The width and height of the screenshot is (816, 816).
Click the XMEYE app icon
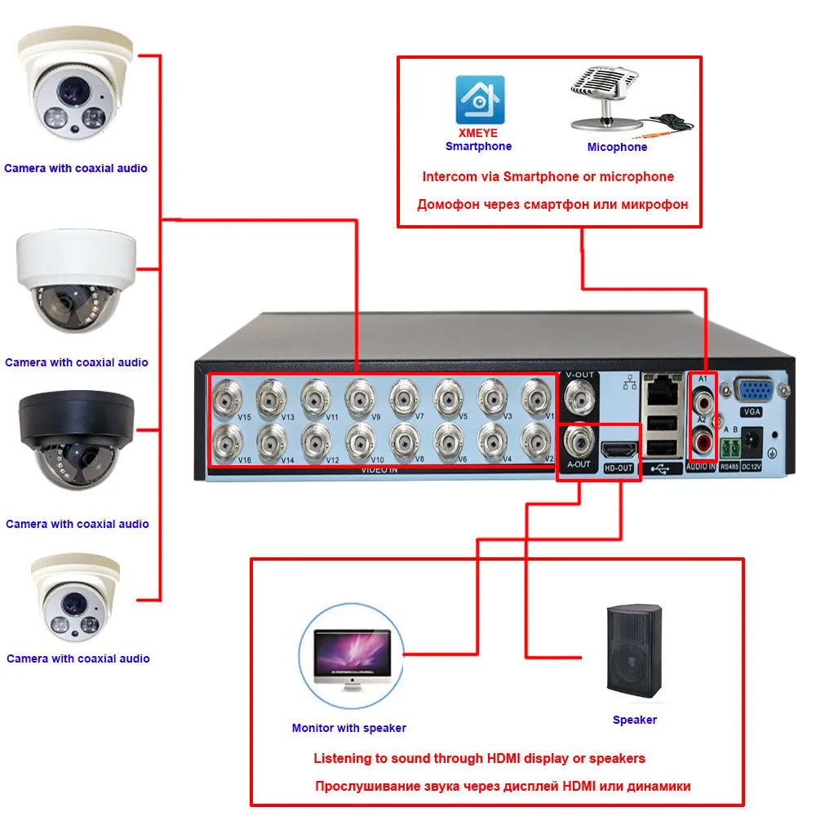[x=479, y=100]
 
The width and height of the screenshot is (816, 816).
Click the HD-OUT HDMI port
[x=619, y=448]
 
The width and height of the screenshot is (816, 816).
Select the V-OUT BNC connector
[x=579, y=398]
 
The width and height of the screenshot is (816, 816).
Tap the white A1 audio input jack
[x=703, y=401]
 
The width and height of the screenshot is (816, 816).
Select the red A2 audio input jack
[x=703, y=443]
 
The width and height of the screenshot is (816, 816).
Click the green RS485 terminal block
[x=730, y=446]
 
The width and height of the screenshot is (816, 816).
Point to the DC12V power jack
[x=752, y=441]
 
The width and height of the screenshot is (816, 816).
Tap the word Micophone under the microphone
[x=617, y=148]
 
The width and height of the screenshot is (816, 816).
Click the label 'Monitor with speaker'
[x=348, y=728]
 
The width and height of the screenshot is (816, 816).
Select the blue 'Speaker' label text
[x=634, y=720]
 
